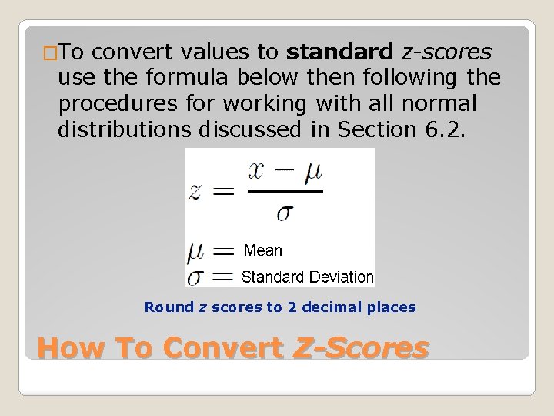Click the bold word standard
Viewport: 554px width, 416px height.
(339, 52)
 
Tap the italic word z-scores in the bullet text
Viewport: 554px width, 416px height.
(446, 52)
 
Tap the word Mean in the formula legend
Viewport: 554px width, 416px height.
(263, 250)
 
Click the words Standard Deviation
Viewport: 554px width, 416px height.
(307, 277)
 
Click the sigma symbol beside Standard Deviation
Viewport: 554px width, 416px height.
(196, 276)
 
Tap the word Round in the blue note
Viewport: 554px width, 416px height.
(169, 307)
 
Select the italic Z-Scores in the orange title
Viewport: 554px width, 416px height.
(361, 348)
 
